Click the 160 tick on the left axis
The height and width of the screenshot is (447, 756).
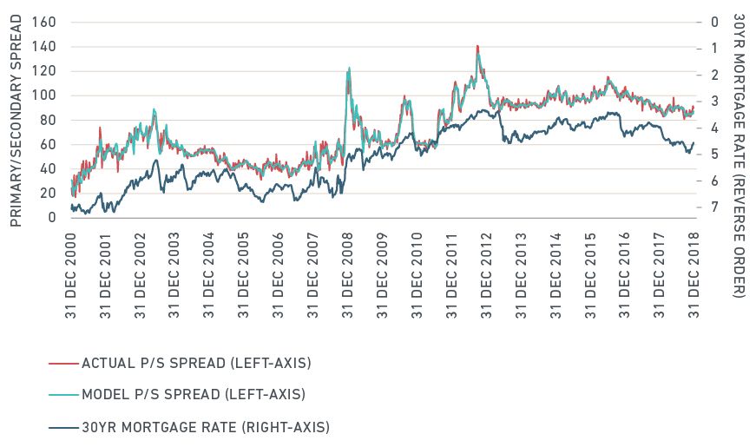[x=43, y=22]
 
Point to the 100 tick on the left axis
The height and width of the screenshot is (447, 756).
[x=43, y=95]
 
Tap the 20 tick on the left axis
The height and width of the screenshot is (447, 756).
[x=47, y=193]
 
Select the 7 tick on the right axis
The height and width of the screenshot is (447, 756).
[x=713, y=207]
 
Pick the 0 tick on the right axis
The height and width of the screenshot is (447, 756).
[x=713, y=22]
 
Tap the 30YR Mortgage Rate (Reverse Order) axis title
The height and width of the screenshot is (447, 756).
[x=739, y=156]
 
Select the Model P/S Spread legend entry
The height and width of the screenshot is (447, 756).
[x=193, y=394]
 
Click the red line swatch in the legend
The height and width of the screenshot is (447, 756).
[x=62, y=362]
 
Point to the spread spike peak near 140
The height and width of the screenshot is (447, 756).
[x=477, y=46]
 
